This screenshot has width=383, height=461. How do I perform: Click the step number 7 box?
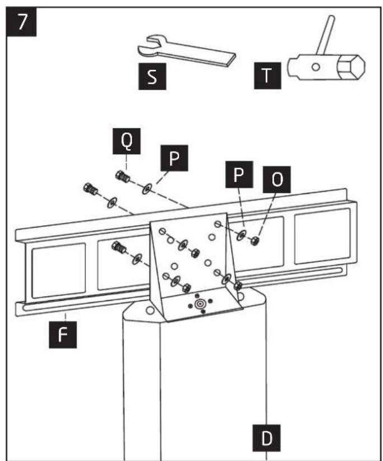(21, 22)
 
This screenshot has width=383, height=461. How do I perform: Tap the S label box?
(152, 76)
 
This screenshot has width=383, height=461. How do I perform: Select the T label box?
(268, 76)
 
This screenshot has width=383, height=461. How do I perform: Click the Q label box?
(127, 141)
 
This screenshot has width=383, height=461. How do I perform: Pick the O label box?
(277, 179)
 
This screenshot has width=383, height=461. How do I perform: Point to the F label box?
(63, 334)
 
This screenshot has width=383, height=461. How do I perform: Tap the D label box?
(267, 438)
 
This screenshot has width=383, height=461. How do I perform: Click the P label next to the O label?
(239, 174)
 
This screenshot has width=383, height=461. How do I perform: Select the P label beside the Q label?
(174, 158)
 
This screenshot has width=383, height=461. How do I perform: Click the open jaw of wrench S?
(150, 46)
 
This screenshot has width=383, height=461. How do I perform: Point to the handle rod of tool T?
(325, 35)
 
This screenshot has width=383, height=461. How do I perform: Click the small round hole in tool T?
(316, 67)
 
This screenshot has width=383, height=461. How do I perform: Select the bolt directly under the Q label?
(123, 177)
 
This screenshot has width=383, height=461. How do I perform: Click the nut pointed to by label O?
(255, 241)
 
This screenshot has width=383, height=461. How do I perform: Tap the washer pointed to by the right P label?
(242, 235)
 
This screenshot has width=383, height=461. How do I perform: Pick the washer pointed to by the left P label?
(147, 189)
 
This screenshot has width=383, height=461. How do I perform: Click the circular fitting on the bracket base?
(200, 304)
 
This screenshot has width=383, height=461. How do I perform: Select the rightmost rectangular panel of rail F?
(322, 236)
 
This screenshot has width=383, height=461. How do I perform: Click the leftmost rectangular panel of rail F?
(59, 271)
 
